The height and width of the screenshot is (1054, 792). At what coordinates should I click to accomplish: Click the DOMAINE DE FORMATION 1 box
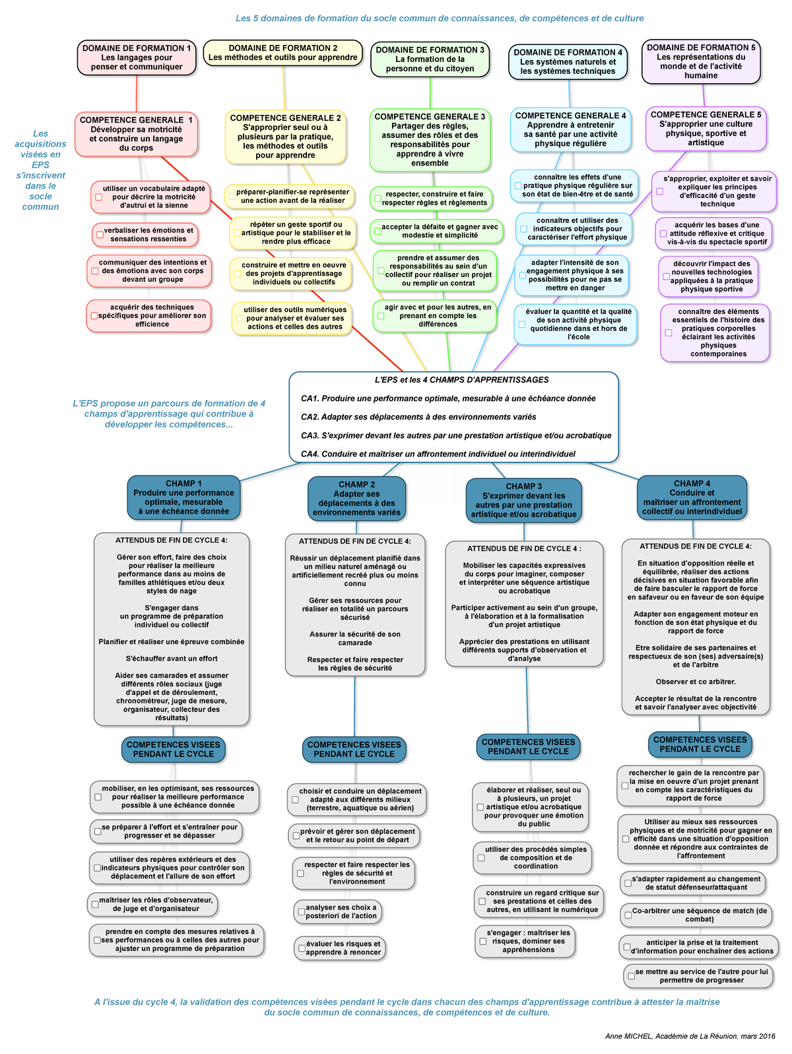[x=137, y=57]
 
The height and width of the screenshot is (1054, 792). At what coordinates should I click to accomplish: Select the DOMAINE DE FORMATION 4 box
[x=568, y=62]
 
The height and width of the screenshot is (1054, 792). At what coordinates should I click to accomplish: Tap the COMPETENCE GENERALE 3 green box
[x=430, y=140]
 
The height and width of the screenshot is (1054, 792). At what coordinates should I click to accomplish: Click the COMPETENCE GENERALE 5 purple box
[x=706, y=129]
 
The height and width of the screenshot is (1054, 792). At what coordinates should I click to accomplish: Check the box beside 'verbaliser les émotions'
[x=100, y=235]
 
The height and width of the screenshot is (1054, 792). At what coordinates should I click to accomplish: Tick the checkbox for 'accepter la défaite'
[x=378, y=232]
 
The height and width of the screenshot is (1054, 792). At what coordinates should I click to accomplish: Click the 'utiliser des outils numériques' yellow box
[x=292, y=318]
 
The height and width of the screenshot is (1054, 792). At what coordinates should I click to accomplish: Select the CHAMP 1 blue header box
[x=184, y=498]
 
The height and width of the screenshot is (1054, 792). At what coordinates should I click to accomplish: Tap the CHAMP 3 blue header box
[x=523, y=500]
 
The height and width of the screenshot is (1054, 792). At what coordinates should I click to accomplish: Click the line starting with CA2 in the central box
[x=418, y=417]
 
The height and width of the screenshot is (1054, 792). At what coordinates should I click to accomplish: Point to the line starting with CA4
[x=438, y=454]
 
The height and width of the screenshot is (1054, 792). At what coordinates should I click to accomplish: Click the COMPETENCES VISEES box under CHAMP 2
[x=354, y=749]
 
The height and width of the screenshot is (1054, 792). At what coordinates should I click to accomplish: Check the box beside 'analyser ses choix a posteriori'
[x=302, y=911]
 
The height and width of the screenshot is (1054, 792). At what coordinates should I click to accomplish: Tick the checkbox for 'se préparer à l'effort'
[x=98, y=831]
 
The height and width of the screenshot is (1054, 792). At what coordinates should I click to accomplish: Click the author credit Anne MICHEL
[x=690, y=1036]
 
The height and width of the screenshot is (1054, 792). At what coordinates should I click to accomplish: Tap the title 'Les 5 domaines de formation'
[x=439, y=18]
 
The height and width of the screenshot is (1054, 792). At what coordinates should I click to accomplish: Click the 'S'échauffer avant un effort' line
[x=172, y=658]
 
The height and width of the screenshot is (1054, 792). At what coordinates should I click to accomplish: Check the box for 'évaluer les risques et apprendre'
[x=302, y=948]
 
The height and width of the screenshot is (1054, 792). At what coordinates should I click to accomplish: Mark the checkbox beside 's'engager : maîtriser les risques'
[x=483, y=941]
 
